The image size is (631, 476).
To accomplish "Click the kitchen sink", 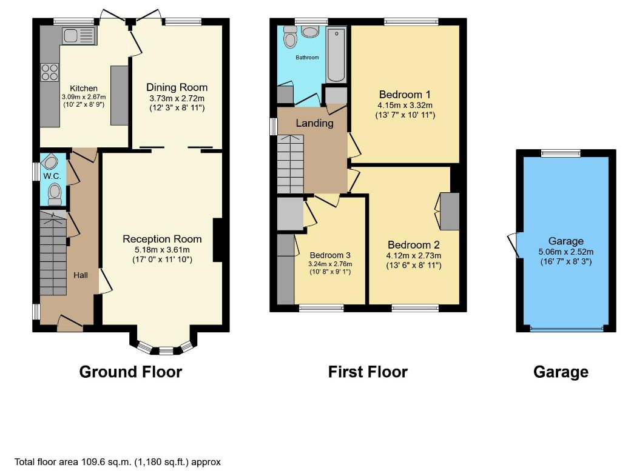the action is [x=78, y=36].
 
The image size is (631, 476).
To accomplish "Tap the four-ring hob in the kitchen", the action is [x=50, y=72].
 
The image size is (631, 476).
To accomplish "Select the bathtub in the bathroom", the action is [x=336, y=55].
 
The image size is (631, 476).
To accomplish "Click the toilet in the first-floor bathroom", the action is [x=290, y=36].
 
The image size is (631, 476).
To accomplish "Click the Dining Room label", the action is [x=177, y=87].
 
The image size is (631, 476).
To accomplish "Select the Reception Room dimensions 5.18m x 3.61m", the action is [x=162, y=250].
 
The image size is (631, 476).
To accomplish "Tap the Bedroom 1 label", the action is [x=405, y=95].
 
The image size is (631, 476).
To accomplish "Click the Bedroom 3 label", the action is [x=330, y=255].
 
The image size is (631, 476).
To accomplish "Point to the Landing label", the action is [x=315, y=123].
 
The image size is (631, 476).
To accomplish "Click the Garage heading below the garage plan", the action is [x=561, y=372].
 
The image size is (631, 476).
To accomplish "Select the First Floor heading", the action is [x=368, y=372].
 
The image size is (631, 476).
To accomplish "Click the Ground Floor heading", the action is [x=131, y=372].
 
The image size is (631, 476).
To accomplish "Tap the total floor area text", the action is [x=118, y=462].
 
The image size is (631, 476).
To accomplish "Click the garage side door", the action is [x=514, y=244].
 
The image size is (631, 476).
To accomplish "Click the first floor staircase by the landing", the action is [x=291, y=164].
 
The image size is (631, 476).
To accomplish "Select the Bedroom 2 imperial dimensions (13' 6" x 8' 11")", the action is [x=414, y=266].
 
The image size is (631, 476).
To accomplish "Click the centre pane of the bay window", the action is [x=166, y=350].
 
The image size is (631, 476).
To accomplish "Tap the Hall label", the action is [x=81, y=275].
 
